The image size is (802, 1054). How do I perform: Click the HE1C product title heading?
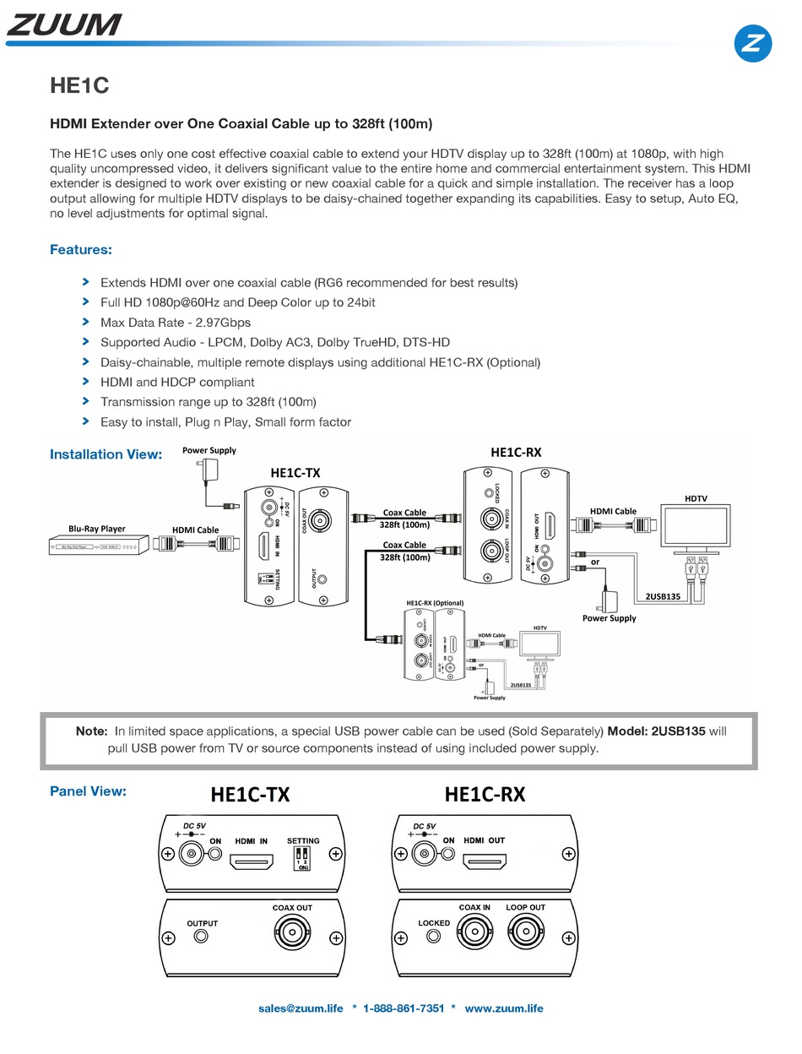(79, 86)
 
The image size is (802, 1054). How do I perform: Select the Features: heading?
(81, 249)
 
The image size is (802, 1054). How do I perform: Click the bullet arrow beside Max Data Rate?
(85, 322)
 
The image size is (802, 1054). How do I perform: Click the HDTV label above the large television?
(696, 498)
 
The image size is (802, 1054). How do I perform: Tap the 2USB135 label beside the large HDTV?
(663, 596)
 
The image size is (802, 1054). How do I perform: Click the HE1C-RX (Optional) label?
(435, 603)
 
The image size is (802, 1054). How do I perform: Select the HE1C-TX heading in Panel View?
(250, 794)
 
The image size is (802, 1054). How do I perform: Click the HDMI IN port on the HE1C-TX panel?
(252, 863)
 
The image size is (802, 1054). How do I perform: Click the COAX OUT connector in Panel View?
(292, 936)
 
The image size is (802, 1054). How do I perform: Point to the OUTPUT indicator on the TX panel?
(202, 937)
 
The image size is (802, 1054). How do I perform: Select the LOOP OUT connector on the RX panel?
(525, 935)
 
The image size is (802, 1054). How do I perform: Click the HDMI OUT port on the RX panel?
(484, 863)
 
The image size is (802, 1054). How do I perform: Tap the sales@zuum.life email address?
(301, 1008)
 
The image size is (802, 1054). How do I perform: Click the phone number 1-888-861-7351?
(404, 1008)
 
